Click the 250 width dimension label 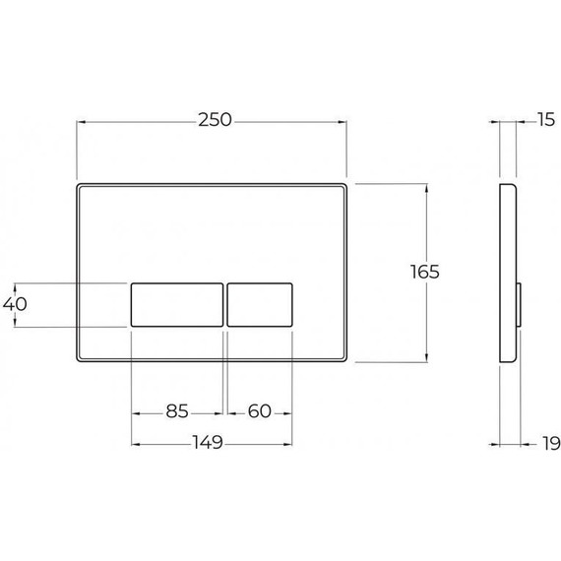[x=215, y=120]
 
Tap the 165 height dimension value [x=424, y=272]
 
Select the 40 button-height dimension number [x=15, y=304]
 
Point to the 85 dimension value [x=177, y=411]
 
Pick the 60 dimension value [x=260, y=411]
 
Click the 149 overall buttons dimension [x=208, y=442]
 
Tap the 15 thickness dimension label [x=546, y=119]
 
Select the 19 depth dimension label [x=551, y=444]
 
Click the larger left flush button [x=177, y=305]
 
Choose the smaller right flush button [x=260, y=305]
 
